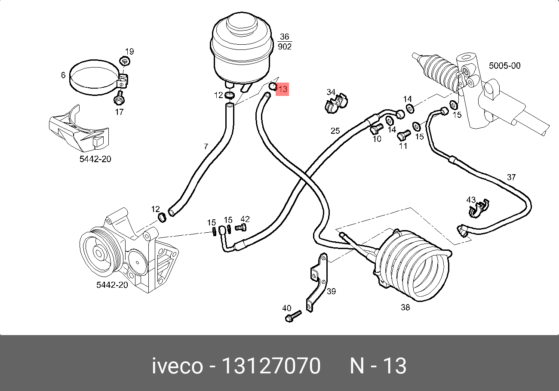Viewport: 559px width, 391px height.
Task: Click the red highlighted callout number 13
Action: pos(282,89)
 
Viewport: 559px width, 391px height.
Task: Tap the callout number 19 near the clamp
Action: pos(129,52)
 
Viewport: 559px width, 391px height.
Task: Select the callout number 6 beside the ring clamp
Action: pos(63,75)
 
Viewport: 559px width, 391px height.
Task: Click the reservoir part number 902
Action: pos(285,46)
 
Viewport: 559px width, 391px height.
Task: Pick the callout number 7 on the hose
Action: pos(206,147)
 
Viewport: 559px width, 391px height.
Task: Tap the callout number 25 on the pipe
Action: pos(335,130)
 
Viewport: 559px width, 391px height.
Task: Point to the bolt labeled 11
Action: pos(402,135)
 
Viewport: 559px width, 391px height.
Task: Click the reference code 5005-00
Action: pos(505,66)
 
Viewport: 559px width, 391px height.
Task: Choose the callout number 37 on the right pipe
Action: pos(511,177)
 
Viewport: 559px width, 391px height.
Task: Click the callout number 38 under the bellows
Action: pos(405,308)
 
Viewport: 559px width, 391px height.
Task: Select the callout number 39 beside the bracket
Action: pos(331,292)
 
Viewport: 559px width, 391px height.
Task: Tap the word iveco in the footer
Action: pos(177,366)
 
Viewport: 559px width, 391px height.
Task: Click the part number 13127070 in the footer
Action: pos(270,366)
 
